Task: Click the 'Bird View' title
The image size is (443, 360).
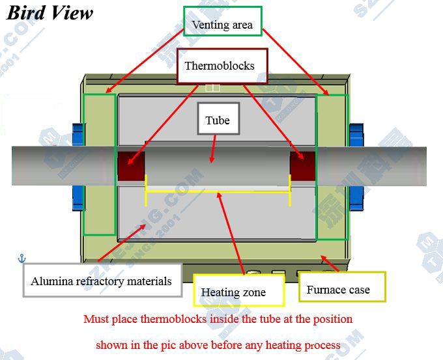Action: tap(50, 13)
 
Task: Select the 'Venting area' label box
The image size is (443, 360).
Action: tap(222, 25)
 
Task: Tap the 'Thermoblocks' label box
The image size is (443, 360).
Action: tap(219, 66)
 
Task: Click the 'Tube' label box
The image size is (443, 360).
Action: tap(217, 120)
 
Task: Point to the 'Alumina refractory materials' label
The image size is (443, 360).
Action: tap(101, 281)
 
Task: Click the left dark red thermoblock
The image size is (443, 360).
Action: tap(130, 165)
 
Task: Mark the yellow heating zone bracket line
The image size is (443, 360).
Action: tap(218, 192)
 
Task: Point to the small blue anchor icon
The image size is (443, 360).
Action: tap(21, 259)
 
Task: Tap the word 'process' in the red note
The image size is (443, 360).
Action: tap(321, 344)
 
